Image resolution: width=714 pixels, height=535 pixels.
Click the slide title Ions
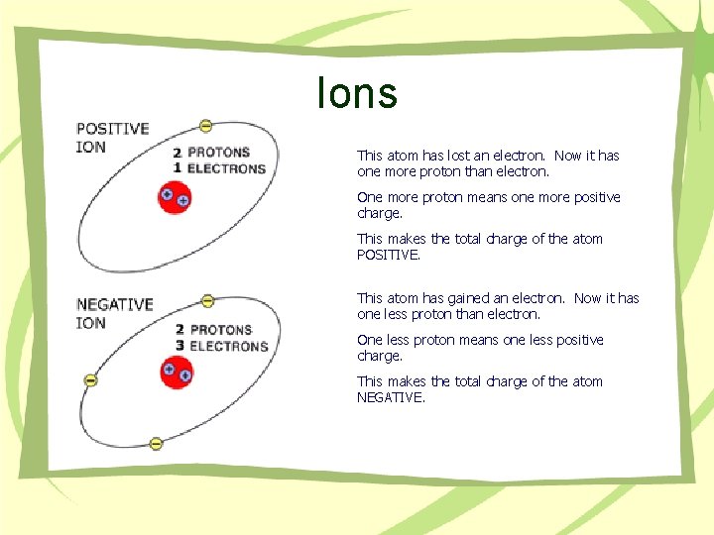point(357,94)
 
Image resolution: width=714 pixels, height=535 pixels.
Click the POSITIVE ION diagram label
point(112,138)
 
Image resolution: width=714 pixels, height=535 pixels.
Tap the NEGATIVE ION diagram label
point(114,313)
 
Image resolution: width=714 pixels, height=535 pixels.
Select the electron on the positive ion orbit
point(205,125)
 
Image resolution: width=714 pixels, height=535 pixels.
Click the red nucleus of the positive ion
point(175,198)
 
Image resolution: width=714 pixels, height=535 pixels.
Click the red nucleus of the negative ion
point(177,373)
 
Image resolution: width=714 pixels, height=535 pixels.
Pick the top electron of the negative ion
point(207,300)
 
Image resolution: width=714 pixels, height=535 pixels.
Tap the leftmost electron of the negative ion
point(90,379)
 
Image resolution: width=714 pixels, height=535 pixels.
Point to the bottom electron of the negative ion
point(156,443)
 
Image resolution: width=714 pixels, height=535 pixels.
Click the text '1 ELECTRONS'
point(219,168)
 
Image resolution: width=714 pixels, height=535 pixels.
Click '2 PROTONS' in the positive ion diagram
point(212,153)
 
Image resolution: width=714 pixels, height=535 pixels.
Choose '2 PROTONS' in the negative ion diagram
point(214,329)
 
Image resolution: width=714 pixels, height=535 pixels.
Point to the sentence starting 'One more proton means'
point(488,205)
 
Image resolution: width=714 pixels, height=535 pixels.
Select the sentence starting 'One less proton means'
point(480,348)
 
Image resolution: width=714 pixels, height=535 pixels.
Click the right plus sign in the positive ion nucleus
point(183,200)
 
